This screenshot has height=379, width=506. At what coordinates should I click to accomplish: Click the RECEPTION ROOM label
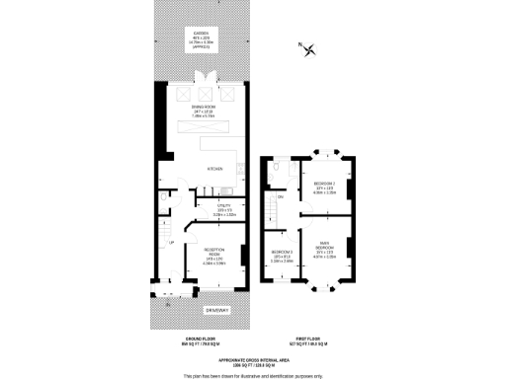[x=214, y=250]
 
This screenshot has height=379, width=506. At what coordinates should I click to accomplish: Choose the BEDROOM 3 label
[x=283, y=252]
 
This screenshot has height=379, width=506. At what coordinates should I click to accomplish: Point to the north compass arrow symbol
[x=312, y=51]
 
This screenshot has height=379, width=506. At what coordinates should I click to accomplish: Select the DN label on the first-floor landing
[x=282, y=197]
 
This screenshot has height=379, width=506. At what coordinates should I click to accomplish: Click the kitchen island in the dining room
[x=212, y=127]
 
